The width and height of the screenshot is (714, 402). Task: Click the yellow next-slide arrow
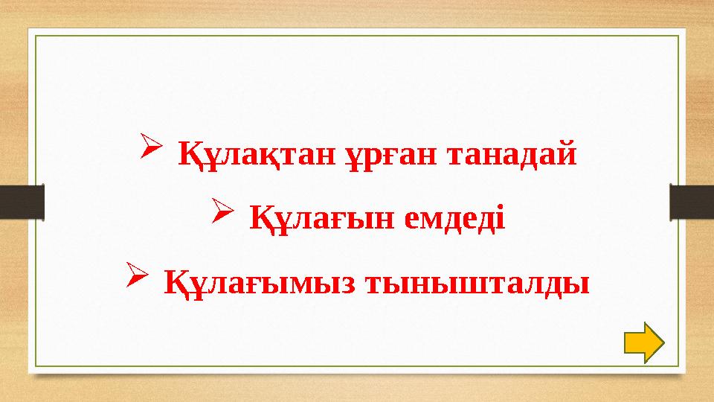pos(643,343)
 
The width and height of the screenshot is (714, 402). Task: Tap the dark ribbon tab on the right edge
pos(692,202)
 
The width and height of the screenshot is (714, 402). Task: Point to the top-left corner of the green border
pos(36,35)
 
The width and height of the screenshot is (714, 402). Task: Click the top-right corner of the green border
pos(678,35)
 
